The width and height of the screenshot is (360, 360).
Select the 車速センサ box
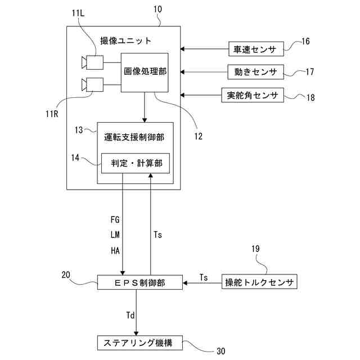point(255,49)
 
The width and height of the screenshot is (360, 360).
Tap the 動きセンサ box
point(255,72)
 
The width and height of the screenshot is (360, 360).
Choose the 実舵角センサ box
point(253,94)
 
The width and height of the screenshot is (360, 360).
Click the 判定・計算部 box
point(136,163)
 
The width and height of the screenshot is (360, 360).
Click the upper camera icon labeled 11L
point(92,62)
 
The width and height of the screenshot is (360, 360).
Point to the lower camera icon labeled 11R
point(92,85)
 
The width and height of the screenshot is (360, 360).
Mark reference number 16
point(305,42)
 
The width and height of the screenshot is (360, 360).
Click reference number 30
point(220,352)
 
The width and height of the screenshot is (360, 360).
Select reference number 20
point(66,275)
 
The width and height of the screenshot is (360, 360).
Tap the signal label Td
point(130,316)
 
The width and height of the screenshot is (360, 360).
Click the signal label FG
point(115,219)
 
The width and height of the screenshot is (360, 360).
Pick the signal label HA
point(115,250)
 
